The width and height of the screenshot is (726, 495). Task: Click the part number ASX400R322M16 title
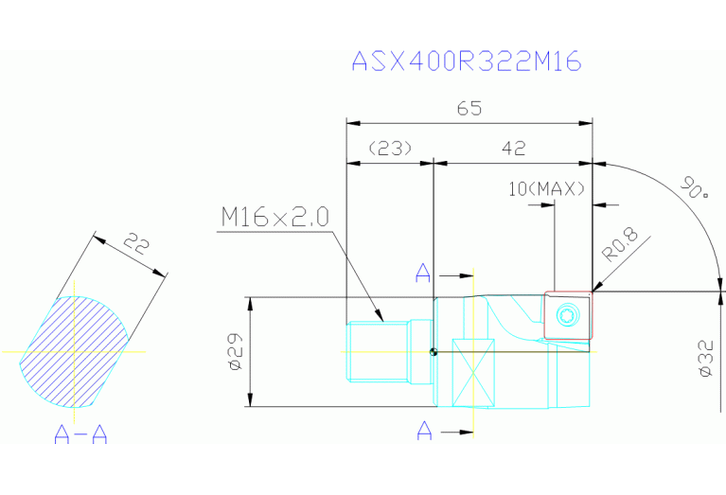pyautogui.click(x=467, y=61)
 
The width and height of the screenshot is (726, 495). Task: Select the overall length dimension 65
pyautogui.click(x=469, y=108)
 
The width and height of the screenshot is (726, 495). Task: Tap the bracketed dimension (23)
pyautogui.click(x=390, y=149)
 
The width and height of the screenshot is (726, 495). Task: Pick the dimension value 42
pyautogui.click(x=514, y=149)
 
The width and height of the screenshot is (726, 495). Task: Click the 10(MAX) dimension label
pyautogui.click(x=547, y=189)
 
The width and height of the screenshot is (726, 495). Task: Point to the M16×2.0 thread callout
pyautogui.click(x=275, y=217)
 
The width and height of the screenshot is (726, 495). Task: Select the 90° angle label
pyautogui.click(x=695, y=187)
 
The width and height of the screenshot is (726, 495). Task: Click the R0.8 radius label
pyautogui.click(x=620, y=244)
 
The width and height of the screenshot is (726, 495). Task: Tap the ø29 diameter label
pyautogui.click(x=235, y=351)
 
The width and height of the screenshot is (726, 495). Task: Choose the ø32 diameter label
pyautogui.click(x=706, y=359)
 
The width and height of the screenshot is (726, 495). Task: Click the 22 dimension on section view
pyautogui.click(x=137, y=243)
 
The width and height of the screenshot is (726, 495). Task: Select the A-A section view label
pyautogui.click(x=80, y=433)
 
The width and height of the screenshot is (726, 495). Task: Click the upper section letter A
pyautogui.click(x=423, y=274)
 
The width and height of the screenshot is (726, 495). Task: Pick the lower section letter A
pyautogui.click(x=425, y=431)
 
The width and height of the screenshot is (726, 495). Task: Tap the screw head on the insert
pyautogui.click(x=568, y=315)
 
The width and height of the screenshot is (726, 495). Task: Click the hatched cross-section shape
pyautogui.click(x=75, y=352)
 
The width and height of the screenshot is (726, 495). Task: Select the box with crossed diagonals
pyautogui.click(x=473, y=373)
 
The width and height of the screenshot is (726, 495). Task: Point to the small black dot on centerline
pyautogui.click(x=434, y=352)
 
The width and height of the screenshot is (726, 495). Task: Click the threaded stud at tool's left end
pyautogui.click(x=389, y=352)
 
